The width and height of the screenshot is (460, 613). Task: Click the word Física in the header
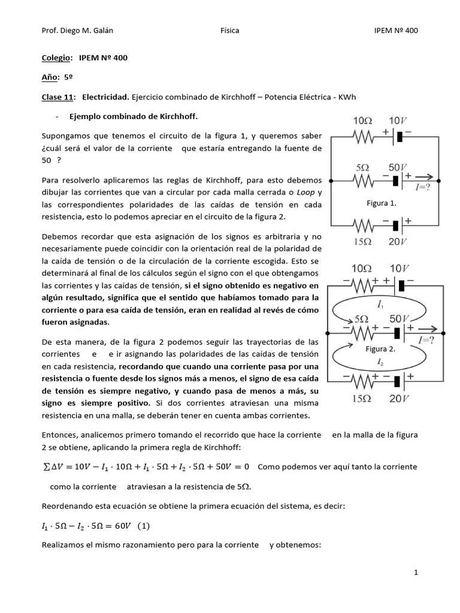click(230, 31)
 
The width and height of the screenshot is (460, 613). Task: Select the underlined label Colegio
click(55, 57)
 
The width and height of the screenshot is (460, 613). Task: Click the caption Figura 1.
click(382, 204)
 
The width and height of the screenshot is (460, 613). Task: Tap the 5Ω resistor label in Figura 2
click(362, 320)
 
